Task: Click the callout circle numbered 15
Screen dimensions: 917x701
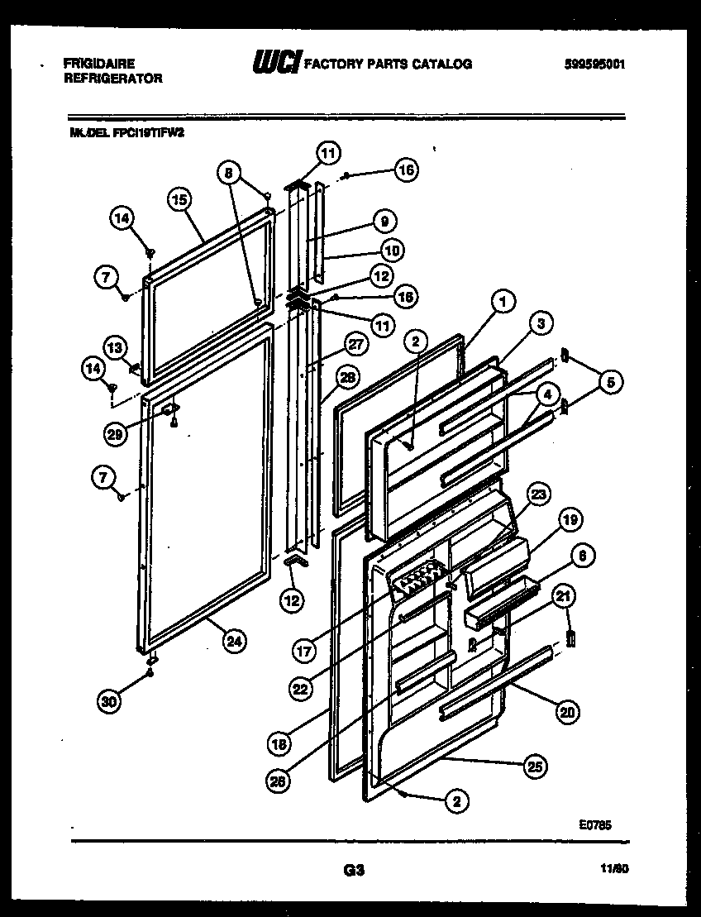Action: [179, 198]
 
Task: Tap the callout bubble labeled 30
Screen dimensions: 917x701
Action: [109, 701]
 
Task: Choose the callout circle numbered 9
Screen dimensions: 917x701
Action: [384, 221]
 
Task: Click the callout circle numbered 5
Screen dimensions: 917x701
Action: [611, 382]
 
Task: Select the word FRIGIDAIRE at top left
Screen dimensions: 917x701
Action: [99, 63]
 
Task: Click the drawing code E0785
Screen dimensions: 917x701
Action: [594, 824]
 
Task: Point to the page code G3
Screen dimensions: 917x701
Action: [353, 870]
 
